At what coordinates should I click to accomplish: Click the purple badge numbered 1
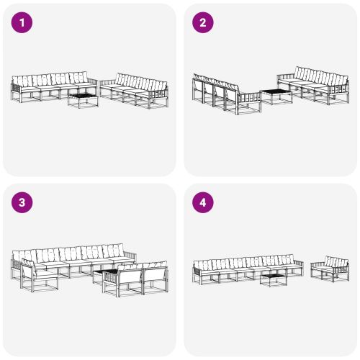pos(23,23)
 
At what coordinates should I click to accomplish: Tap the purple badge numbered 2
pos(203,23)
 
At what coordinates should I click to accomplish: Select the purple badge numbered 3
pos(23,203)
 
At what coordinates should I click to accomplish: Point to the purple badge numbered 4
pos(203,203)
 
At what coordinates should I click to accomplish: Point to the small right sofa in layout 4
pos(330,269)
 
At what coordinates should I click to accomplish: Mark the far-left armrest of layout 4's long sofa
pos(194,271)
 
